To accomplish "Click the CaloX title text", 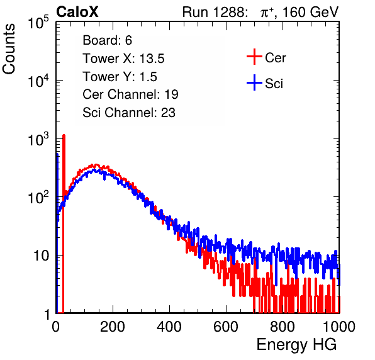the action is [x=77, y=12].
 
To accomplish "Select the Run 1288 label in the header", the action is [x=215, y=12].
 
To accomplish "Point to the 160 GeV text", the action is [x=311, y=12].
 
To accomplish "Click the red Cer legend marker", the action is [x=254, y=57].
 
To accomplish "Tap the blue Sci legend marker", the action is [x=254, y=82].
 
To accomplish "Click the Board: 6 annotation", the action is [x=107, y=40].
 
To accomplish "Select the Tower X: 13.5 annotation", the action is [x=123, y=59].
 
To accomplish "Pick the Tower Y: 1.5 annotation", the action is [x=120, y=77].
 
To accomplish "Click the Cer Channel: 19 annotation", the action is [x=130, y=94].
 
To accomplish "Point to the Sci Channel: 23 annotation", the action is [x=129, y=113].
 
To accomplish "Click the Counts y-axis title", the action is [x=9, y=49].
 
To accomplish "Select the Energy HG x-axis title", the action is [x=296, y=345].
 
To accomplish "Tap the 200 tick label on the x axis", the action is [x=113, y=327].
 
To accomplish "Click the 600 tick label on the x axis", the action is [x=226, y=327].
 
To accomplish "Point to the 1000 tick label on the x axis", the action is [x=339, y=327].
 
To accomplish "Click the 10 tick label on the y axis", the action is [x=41, y=256].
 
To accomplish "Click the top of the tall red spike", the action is [x=64, y=135].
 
